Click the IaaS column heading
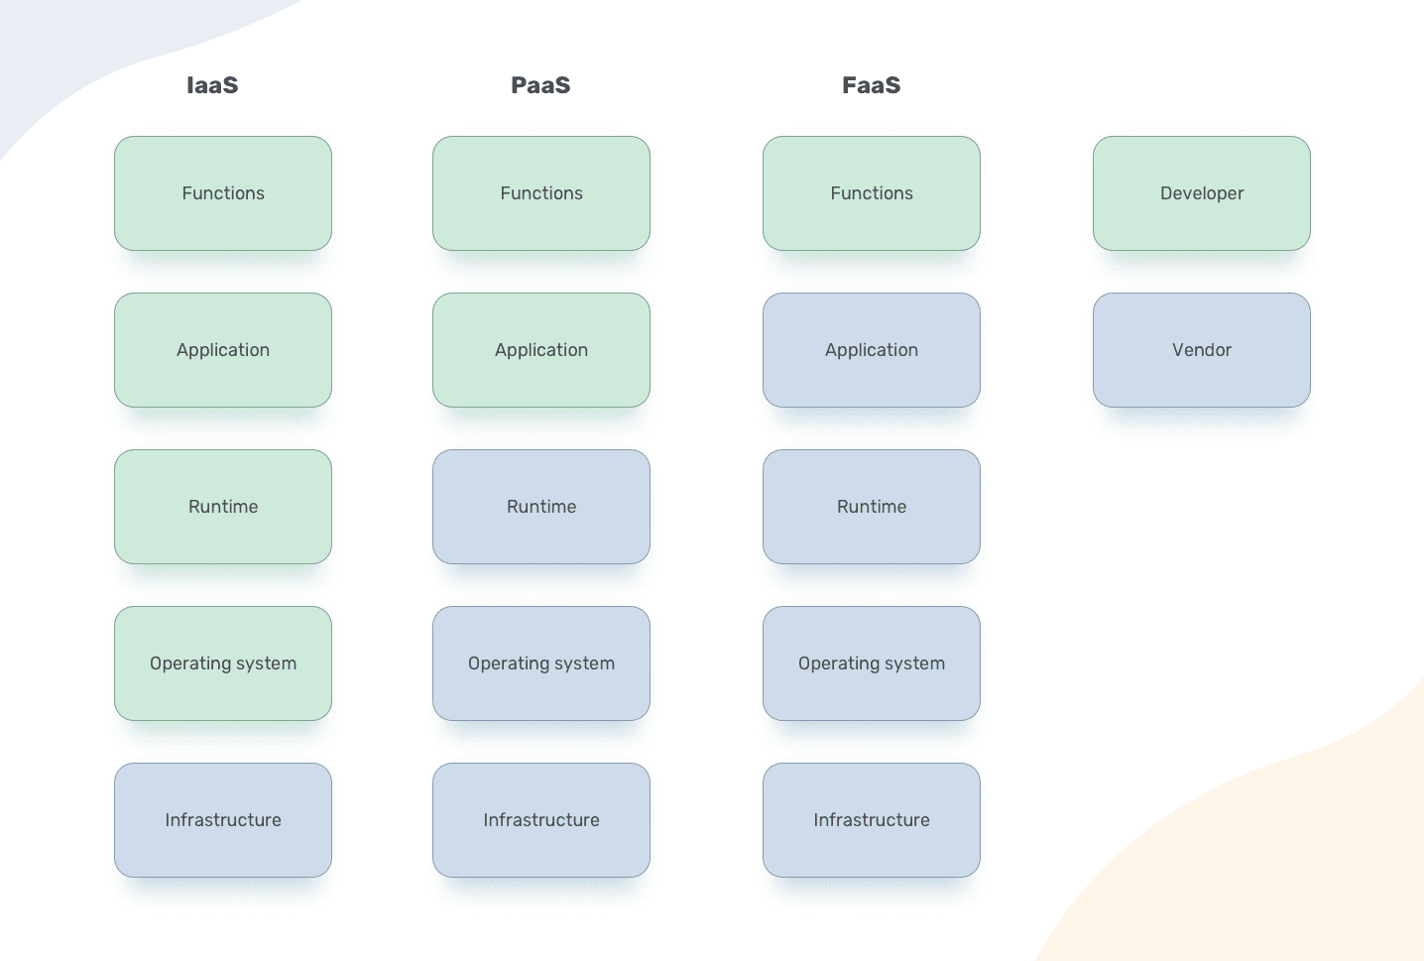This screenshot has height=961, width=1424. click(x=212, y=85)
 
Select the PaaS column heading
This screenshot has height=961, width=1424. click(x=540, y=85)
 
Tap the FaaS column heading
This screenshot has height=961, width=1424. click(x=871, y=85)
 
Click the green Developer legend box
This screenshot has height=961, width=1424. click(x=1201, y=193)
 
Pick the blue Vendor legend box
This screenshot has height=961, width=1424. click(x=1201, y=350)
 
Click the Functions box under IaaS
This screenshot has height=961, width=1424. click(x=223, y=193)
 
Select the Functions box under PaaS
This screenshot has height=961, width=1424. click(x=541, y=193)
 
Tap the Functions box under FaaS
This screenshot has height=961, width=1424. click(x=872, y=193)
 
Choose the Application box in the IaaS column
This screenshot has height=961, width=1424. click(x=223, y=350)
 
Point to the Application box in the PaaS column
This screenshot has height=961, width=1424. click(x=541, y=350)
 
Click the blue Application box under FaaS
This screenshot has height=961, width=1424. click(x=872, y=350)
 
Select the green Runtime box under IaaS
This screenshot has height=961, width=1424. click(x=223, y=507)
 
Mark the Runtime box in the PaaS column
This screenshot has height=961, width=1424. click(x=541, y=507)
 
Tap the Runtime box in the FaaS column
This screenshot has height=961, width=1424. click(x=872, y=507)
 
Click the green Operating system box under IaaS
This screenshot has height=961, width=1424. click(x=223, y=663)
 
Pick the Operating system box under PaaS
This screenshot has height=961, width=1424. click(x=541, y=663)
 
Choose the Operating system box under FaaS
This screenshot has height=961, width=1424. click(x=872, y=663)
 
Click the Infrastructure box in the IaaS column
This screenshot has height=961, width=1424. click(x=223, y=820)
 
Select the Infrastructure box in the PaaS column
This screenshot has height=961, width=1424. click(x=541, y=820)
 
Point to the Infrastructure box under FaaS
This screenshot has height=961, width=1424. click(x=872, y=820)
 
